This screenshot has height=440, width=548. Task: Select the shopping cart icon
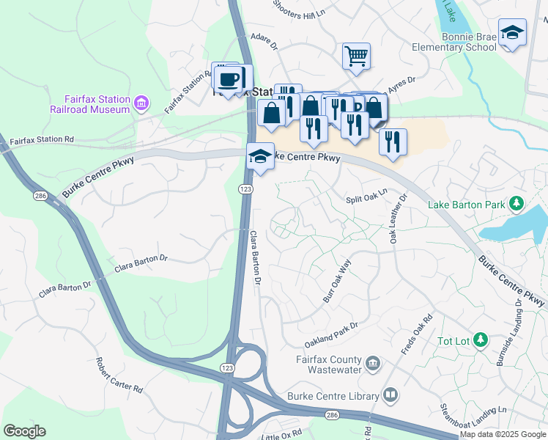coord(356,54)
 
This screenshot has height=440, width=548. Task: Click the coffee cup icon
coord(229,78)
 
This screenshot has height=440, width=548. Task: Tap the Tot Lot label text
coord(453,340)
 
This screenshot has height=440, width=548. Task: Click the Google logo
coord(24,431)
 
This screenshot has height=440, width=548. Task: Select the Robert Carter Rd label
coord(118,375)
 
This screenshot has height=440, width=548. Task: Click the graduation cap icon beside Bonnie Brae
coord(512,32)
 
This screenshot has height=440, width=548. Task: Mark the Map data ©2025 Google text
coord(503,434)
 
